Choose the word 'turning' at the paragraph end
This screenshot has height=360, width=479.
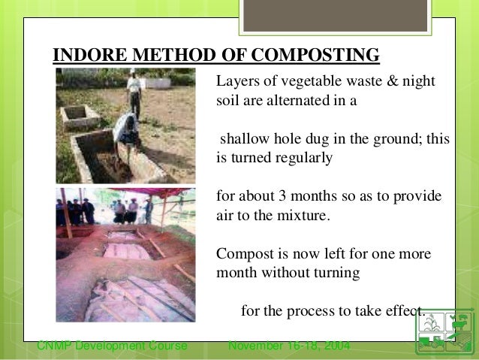pyautogui.click(x=336, y=273)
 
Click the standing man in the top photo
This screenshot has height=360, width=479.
pyautogui.click(x=134, y=92)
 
